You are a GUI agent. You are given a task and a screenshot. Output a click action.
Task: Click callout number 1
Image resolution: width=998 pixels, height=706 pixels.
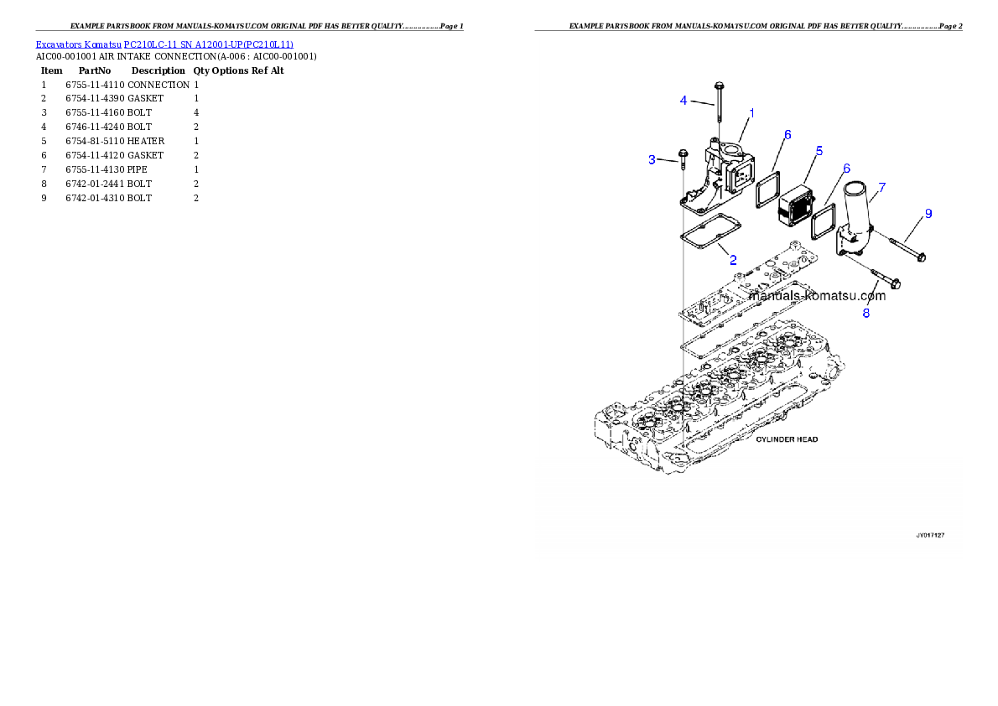[751, 112]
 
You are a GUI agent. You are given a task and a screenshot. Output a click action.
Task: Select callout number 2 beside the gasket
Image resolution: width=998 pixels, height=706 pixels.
[732, 260]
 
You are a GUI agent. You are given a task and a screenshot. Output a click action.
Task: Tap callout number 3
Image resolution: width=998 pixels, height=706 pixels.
[652, 159]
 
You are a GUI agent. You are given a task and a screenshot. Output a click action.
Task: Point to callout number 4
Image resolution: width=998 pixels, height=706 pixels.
[684, 101]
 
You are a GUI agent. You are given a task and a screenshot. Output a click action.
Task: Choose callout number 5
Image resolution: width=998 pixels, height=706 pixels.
[819, 151]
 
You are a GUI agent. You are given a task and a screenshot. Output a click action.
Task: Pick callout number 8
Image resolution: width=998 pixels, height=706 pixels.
[866, 313]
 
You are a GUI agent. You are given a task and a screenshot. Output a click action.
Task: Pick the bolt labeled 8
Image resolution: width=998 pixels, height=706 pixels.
[884, 280]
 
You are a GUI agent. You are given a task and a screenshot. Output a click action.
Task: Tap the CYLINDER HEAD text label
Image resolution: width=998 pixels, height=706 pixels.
[787, 439]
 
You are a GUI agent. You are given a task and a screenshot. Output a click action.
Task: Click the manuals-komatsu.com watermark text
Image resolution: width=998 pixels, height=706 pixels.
[816, 296]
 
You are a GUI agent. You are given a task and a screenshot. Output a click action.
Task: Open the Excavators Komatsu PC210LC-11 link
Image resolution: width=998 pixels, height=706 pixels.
[164, 44]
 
